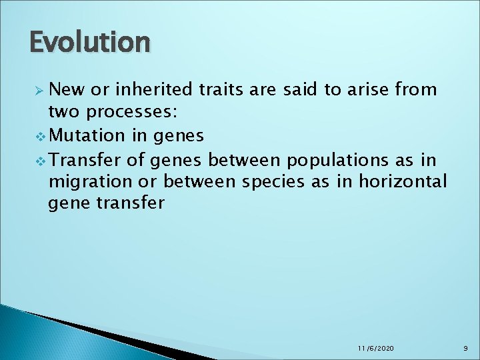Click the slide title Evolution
[90, 42]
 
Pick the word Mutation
[87, 135]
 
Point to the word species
[272, 181]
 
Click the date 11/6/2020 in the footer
[376, 349]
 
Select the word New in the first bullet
[65, 89]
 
